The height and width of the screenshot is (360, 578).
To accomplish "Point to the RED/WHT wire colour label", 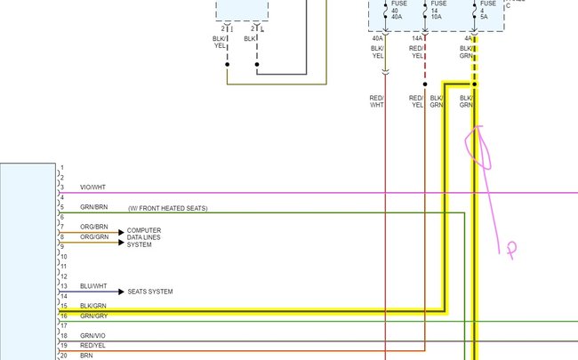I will (x=377, y=100).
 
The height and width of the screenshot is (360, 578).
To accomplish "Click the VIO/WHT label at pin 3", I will (x=92, y=188).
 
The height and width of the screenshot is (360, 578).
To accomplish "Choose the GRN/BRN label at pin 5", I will (x=93, y=208).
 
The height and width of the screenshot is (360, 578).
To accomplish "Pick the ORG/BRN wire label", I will (x=93, y=227).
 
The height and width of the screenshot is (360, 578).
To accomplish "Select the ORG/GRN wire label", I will (x=93, y=236).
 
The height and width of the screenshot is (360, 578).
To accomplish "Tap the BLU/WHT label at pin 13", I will (x=92, y=286).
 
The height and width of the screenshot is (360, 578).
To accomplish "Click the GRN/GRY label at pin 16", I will (x=92, y=316).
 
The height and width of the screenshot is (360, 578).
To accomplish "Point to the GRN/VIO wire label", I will (x=92, y=335).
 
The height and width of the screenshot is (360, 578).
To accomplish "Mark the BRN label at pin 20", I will (x=85, y=355).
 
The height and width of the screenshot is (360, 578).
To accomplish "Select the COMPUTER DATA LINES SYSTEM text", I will (x=144, y=237).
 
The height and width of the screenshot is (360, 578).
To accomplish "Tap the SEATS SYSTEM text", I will (x=149, y=292).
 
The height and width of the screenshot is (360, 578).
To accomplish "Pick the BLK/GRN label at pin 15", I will (x=92, y=306).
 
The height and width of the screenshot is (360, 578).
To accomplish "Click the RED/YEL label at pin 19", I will (x=92, y=345).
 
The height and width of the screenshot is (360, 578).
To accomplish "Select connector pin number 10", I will (x=63, y=257).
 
